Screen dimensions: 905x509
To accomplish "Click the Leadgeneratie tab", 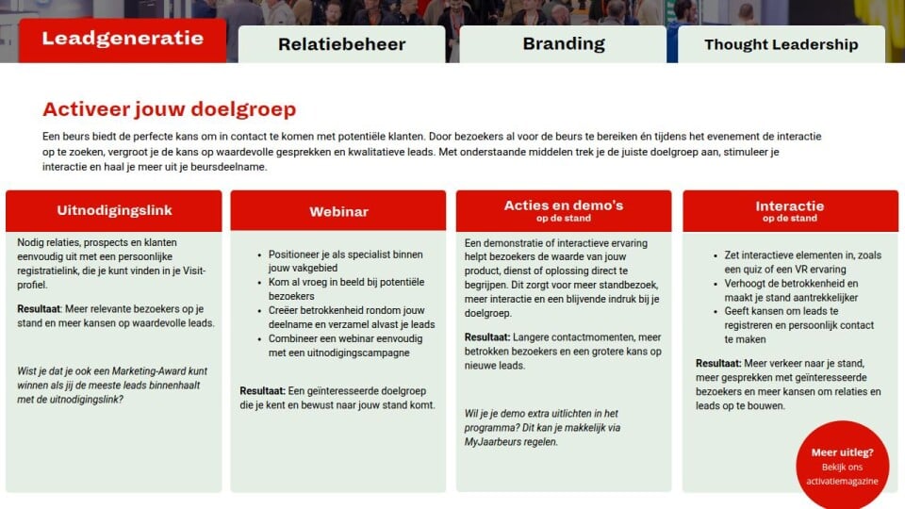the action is pyautogui.click(x=123, y=40).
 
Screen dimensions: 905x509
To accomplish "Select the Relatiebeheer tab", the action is pyautogui.click(x=341, y=44).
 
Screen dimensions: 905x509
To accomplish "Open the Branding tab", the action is pyautogui.click(x=564, y=44).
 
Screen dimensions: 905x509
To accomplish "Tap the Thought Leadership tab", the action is pyautogui.click(x=781, y=44).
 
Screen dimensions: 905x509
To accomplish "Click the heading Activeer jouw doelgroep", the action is pyautogui.click(x=169, y=109).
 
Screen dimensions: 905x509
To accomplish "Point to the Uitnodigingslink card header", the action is pyautogui.click(x=114, y=210).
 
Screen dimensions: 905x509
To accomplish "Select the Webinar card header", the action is pyautogui.click(x=338, y=211).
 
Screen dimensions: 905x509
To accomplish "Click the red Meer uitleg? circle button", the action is pyautogui.click(x=842, y=465).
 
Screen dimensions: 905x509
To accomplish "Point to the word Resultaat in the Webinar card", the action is pyautogui.click(x=263, y=390).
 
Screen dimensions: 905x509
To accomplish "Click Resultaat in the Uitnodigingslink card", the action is pyautogui.click(x=39, y=309).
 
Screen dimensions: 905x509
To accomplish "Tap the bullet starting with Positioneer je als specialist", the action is pyautogui.click(x=345, y=261).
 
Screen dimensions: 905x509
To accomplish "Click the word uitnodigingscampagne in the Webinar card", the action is pyautogui.click(x=338, y=353).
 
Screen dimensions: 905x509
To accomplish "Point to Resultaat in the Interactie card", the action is pyautogui.click(x=718, y=364).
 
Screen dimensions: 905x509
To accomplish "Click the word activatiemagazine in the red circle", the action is pyautogui.click(x=842, y=481).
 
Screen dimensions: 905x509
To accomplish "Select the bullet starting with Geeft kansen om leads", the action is pyautogui.click(x=798, y=325).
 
